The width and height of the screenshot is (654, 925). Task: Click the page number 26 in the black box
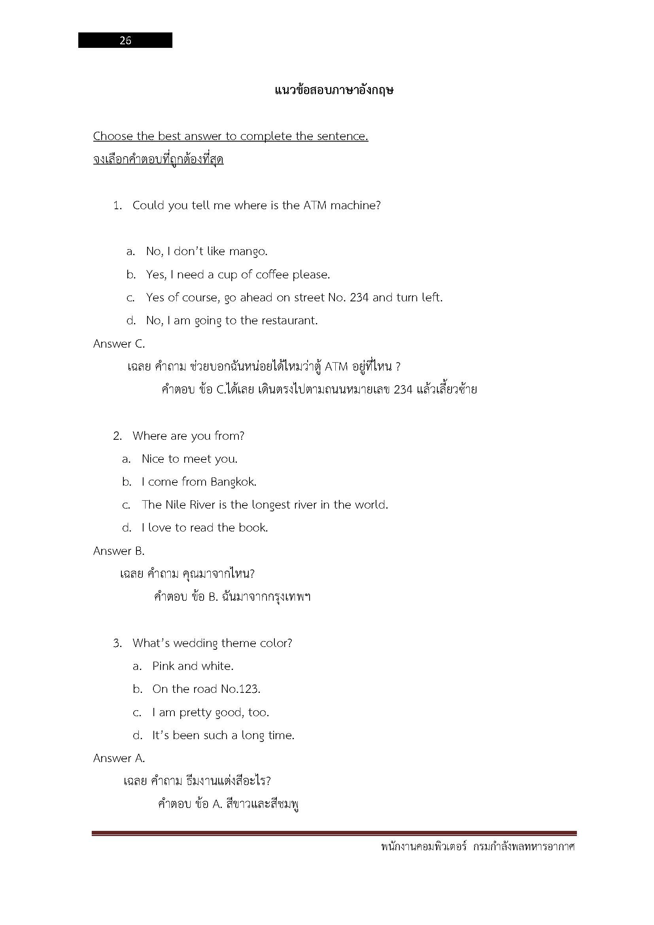[x=125, y=40]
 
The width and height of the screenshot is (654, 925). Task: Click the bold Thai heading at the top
[x=334, y=90]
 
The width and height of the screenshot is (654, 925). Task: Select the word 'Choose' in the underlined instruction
[x=113, y=136]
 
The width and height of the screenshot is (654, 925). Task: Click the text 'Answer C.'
[x=119, y=344]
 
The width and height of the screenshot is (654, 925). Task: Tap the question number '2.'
[x=117, y=436]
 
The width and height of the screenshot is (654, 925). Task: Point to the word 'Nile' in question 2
[x=176, y=505]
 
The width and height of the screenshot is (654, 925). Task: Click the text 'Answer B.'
[x=119, y=551]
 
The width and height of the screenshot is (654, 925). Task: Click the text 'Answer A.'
[x=119, y=758]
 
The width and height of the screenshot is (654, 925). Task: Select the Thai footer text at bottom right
[x=478, y=846]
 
